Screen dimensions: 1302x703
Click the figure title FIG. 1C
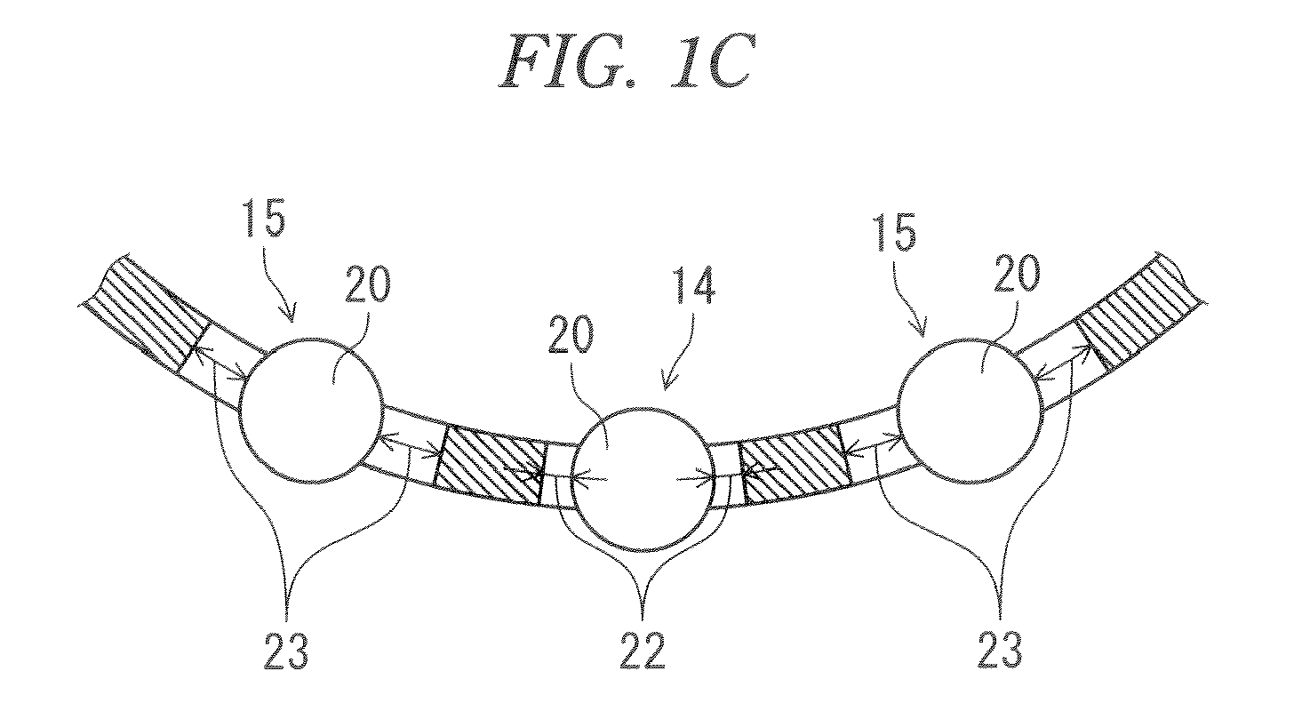627,60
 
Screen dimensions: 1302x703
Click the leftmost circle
239,410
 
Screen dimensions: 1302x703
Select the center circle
571,479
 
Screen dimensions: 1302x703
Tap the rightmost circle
898,411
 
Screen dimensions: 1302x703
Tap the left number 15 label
265,217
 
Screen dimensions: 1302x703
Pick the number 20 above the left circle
367,284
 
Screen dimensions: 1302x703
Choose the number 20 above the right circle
1017,274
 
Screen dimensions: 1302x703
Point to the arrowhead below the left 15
289,314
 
